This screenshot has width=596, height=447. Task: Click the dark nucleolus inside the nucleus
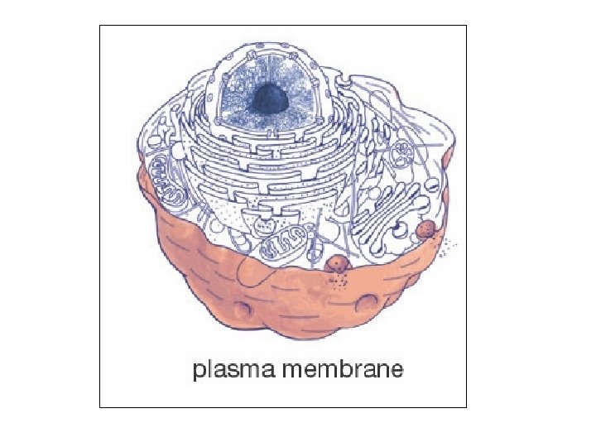tap(269, 99)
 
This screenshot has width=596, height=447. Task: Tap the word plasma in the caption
tap(234, 369)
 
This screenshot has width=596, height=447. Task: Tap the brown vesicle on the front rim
tap(339, 264)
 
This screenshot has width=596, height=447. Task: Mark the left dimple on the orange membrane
tap(241, 310)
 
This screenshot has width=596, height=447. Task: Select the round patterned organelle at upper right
tap(406, 154)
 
